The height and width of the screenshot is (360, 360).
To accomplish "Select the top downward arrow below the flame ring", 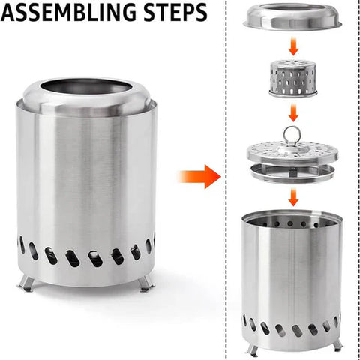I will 294,48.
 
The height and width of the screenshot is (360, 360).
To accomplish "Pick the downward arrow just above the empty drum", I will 294,196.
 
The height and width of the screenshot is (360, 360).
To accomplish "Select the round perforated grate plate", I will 294,152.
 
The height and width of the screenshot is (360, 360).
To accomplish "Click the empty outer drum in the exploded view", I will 294,277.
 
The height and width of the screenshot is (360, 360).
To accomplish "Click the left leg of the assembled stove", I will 27,283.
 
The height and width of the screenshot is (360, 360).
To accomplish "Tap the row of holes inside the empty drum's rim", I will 294,223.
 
